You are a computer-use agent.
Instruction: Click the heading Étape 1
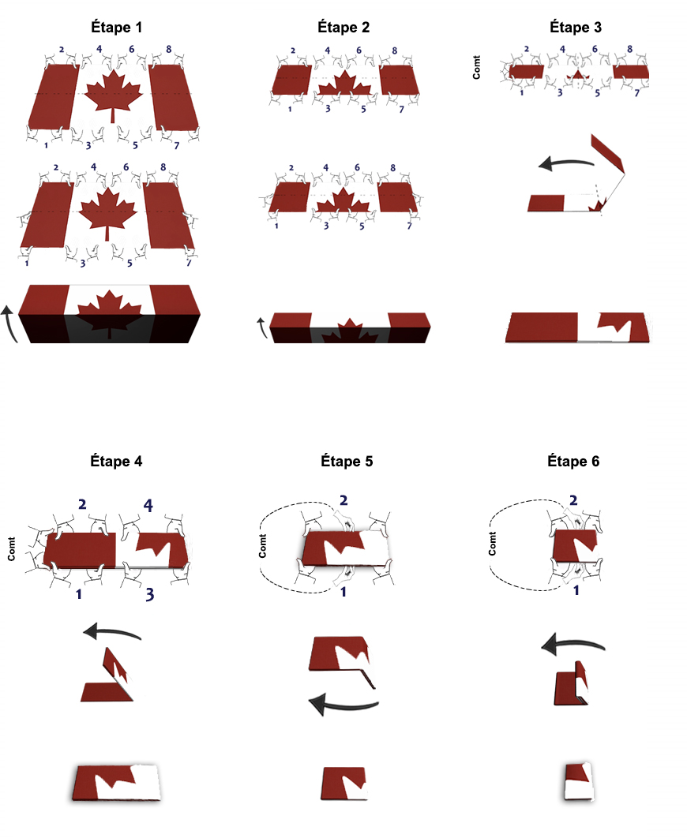click(117, 28)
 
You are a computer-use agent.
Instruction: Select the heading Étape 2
click(343, 28)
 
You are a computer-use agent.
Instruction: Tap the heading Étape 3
click(575, 28)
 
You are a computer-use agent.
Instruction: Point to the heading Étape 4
click(116, 462)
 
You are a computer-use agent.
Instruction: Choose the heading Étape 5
click(347, 462)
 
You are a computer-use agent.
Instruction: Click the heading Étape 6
click(573, 462)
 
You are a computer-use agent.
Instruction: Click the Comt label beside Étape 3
click(476, 67)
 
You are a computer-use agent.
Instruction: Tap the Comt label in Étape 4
click(11, 549)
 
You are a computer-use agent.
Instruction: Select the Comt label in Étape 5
click(262, 546)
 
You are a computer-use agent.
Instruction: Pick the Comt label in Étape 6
click(493, 543)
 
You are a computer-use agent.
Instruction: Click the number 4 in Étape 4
click(148, 505)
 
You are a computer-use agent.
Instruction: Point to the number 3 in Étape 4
click(150, 594)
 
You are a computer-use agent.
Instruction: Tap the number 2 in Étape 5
click(343, 500)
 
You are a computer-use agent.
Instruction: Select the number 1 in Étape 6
click(576, 590)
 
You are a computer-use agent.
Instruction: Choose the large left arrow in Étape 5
click(343, 705)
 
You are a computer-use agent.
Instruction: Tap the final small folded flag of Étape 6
click(579, 781)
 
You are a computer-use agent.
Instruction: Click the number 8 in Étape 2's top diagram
click(395, 51)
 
